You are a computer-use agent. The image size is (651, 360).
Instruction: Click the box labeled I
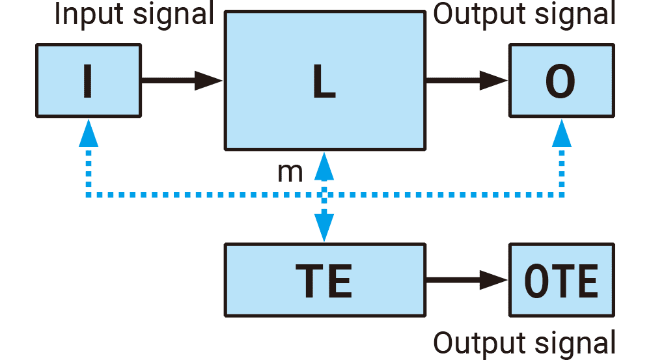88,81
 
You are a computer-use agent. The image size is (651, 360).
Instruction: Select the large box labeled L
324,52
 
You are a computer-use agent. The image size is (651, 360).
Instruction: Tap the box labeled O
561,81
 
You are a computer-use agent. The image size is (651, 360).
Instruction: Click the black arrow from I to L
182,81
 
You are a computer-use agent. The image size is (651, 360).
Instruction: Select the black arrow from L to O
466,81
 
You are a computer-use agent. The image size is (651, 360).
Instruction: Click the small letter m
290,172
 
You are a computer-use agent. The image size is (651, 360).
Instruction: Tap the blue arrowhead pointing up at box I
88,135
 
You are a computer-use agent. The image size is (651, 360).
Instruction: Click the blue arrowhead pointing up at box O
561,135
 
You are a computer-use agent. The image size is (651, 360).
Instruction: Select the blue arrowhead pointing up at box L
324,166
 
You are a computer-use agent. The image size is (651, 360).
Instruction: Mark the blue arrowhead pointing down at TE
324,228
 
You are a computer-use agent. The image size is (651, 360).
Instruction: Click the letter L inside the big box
324,82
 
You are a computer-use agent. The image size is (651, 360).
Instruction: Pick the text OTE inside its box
561,281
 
